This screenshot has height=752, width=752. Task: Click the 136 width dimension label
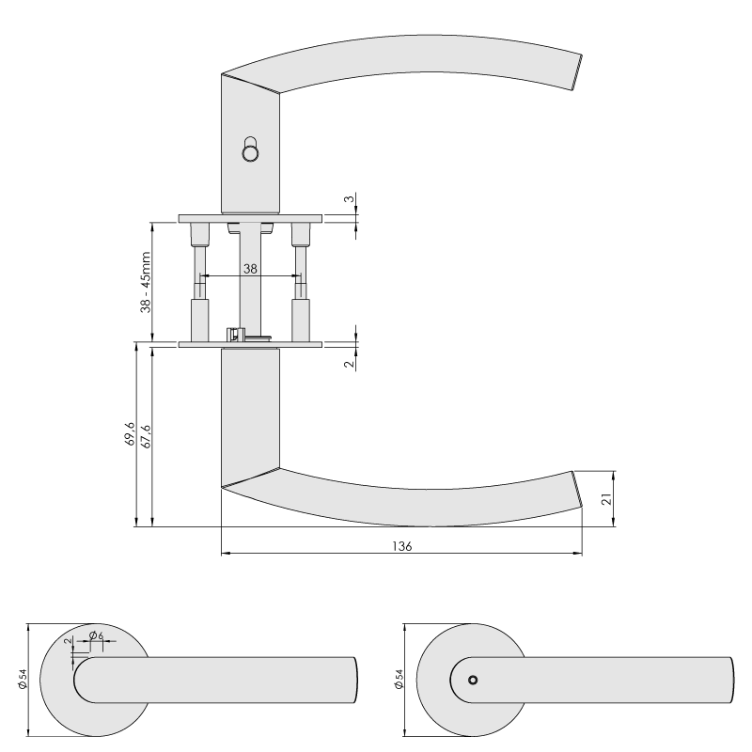pos(402,546)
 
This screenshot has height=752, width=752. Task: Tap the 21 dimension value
pos(607,499)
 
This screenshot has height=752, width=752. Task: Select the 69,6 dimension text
pos(130,434)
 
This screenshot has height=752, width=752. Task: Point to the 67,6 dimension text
pos(146,436)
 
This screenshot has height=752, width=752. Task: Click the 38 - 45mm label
pos(146,283)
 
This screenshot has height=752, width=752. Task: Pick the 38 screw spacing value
pos(250,269)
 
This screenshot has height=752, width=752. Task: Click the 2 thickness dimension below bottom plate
pos(350,364)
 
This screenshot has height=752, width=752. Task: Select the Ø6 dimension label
pos(97,635)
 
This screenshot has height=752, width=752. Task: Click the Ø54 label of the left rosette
pos(23,679)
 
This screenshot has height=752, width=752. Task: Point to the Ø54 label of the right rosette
pos(399,679)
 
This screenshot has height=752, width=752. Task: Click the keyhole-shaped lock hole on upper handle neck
pos(250,149)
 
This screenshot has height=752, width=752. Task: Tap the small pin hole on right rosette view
pos(473,680)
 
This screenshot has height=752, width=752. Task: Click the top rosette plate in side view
pos(250,219)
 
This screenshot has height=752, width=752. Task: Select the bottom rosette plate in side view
pos(250,344)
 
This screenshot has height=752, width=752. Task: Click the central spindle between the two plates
pos(250,282)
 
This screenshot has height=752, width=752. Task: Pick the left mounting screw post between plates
pos(200,282)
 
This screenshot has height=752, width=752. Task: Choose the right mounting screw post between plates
pos(301,282)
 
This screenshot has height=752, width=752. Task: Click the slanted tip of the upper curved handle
pos(577,72)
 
